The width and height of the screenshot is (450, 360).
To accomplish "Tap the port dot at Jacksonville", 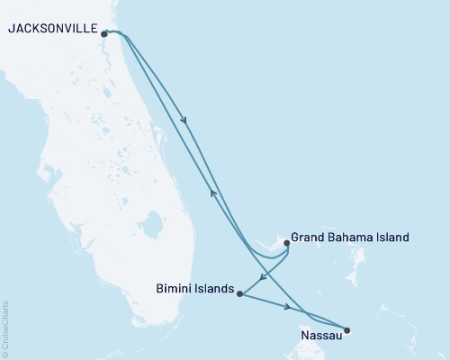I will click(x=105, y=34).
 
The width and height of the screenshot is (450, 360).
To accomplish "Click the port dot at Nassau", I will click(x=347, y=330).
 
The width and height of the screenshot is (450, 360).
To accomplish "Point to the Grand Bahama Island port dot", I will click(x=286, y=242).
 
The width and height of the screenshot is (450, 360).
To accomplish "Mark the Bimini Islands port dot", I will click(x=238, y=293).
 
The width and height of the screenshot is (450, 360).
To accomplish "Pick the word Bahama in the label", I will click(x=352, y=238).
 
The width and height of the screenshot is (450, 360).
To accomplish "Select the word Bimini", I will click(x=174, y=290).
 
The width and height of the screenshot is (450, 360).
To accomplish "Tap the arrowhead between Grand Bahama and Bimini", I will click(x=262, y=275).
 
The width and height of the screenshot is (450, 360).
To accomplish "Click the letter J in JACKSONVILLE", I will click(x=10, y=29).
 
